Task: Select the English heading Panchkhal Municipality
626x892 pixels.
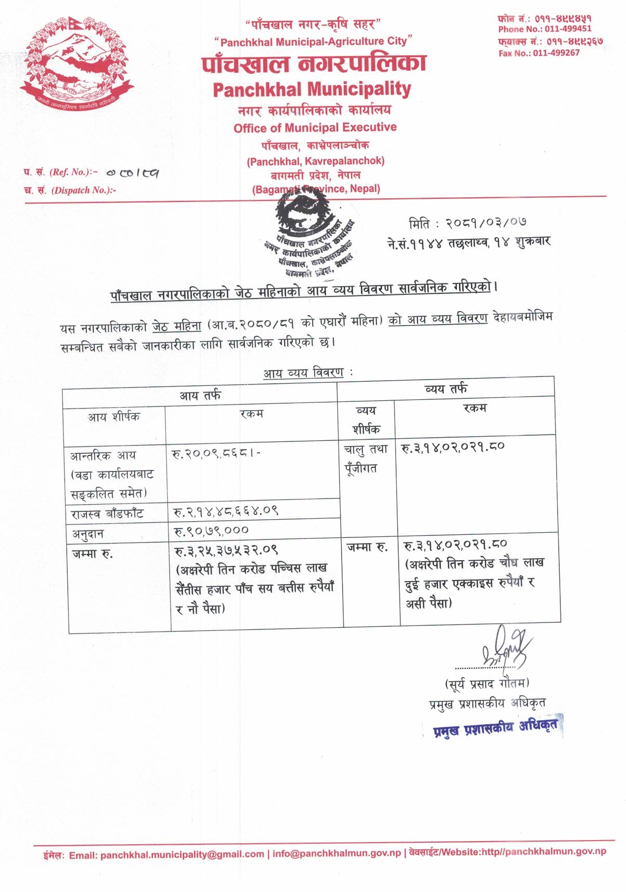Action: click(x=312, y=89)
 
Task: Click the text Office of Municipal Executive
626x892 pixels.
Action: click(x=315, y=128)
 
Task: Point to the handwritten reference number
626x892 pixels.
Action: click(x=132, y=173)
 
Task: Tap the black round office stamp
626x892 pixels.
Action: click(x=312, y=234)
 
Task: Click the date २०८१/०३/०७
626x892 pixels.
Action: click(x=483, y=223)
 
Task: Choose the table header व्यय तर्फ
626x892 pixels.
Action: click(x=446, y=388)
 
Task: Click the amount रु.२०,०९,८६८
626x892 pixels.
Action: click(x=216, y=453)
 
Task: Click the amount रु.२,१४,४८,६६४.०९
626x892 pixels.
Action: click(x=226, y=511)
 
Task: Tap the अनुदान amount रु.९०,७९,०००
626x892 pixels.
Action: click(x=211, y=531)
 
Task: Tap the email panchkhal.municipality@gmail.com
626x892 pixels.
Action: click(x=182, y=854)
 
